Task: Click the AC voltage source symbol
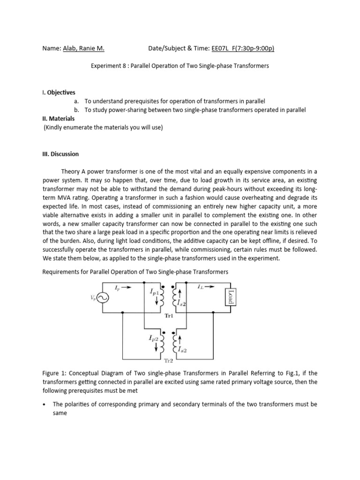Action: (x=102, y=298)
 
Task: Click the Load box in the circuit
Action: (x=230, y=297)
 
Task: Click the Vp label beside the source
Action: (x=92, y=298)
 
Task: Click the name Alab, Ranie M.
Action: (x=84, y=48)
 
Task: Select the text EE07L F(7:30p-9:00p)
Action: (x=243, y=48)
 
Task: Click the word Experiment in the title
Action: (x=104, y=66)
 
